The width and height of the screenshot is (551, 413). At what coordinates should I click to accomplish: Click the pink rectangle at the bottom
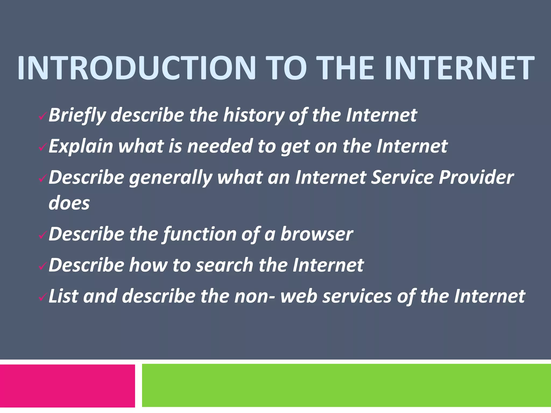(67, 386)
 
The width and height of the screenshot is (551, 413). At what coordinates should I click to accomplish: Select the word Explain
(80, 147)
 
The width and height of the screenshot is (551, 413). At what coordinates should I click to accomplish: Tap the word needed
(220, 147)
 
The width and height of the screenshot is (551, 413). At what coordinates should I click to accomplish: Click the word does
(69, 203)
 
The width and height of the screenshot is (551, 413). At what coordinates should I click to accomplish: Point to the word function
(199, 234)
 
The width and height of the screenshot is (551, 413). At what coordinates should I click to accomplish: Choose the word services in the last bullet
(357, 296)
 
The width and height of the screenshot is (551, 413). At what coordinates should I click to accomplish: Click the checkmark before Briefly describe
(43, 117)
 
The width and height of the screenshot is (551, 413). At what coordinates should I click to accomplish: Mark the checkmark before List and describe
(43, 297)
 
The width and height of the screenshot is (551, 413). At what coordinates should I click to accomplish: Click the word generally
(171, 178)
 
